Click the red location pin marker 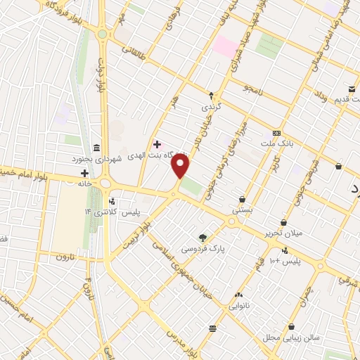point(181,166)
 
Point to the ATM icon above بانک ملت point(276,133)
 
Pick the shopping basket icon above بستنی point(243,199)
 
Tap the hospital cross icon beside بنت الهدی point(157,144)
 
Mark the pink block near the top point(226,46)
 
